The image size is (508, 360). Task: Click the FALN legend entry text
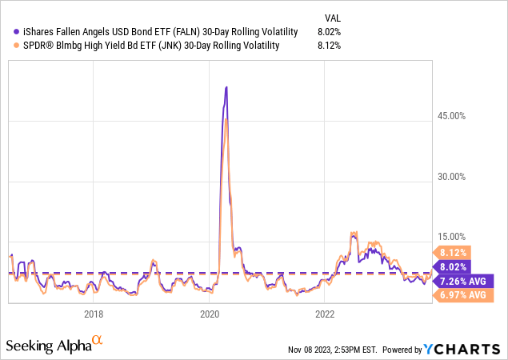(x=157, y=31)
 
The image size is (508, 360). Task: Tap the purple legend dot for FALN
(x=9, y=31)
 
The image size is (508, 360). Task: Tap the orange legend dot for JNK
(x=9, y=46)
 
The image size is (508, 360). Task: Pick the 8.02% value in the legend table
(x=329, y=31)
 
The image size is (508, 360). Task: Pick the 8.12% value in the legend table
(x=329, y=46)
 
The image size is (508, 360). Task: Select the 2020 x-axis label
(x=209, y=313)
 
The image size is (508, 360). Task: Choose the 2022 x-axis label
(x=325, y=313)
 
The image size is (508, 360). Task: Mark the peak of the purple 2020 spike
(x=226, y=87)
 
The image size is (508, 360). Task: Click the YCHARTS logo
(x=462, y=349)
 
